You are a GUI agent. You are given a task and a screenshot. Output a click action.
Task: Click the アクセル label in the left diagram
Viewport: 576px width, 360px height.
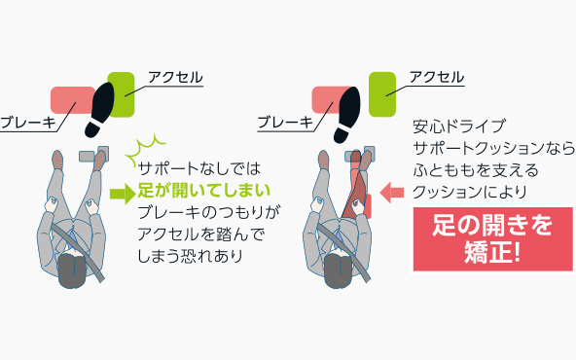[174, 77]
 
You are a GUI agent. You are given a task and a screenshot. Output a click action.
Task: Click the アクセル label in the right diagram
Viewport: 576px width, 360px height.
[436, 77]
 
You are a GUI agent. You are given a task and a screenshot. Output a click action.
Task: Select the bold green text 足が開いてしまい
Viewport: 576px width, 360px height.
[203, 190]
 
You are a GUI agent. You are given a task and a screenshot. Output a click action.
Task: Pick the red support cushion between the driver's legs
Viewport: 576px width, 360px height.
[356, 185]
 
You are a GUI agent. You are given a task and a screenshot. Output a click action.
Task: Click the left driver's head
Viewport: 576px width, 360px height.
[71, 268]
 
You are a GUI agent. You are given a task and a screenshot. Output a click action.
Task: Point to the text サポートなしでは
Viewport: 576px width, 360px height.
[195, 168]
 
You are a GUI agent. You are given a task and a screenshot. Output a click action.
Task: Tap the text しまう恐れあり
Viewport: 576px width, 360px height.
[191, 256]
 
